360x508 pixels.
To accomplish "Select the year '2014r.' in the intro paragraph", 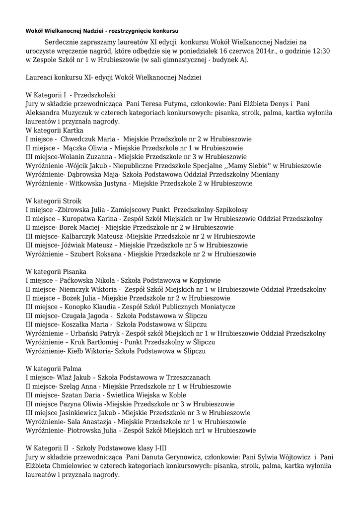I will (x=262, y=51).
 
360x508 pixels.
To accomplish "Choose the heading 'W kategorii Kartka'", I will (x=55, y=130).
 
